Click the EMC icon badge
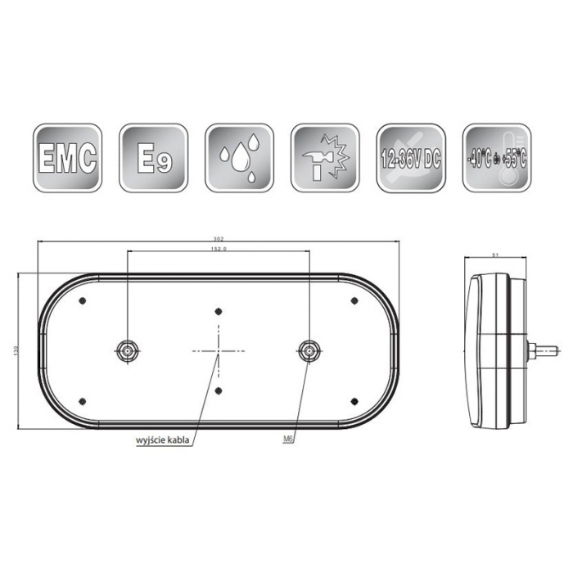pos(68,157)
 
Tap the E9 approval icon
pos(153,157)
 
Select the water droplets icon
pos(239,157)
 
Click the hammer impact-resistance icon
pos(325,157)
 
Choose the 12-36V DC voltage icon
pos(411,157)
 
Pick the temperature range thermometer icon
pos(496,157)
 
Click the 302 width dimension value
pos(219,238)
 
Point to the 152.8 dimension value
pos(219,247)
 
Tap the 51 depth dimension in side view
pos(495,255)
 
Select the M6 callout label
pos(287,440)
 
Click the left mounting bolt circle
pos(128,350)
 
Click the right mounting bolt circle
pos(309,350)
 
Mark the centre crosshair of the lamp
pos(219,350)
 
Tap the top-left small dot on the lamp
pos(83,301)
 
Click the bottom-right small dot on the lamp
pos(354,399)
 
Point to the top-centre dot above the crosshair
pos(219,311)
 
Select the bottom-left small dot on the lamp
pos(83,399)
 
